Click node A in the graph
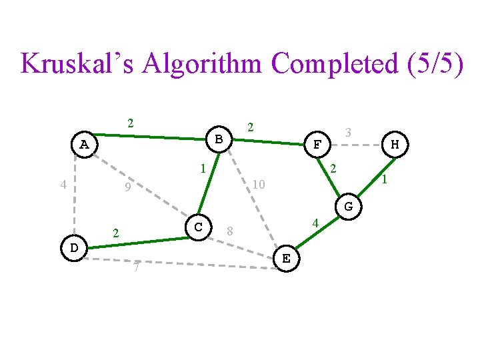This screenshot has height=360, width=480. (83, 144)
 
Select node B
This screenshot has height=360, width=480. (219, 139)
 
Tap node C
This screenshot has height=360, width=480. (198, 227)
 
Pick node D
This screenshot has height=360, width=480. (74, 248)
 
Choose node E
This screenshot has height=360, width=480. (286, 259)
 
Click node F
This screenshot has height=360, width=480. (318, 144)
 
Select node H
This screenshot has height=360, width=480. (395, 144)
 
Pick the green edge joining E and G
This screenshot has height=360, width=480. (317, 233)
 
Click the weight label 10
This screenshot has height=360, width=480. (259, 183)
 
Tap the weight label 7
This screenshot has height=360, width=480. (136, 268)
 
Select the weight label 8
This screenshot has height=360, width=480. (229, 231)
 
